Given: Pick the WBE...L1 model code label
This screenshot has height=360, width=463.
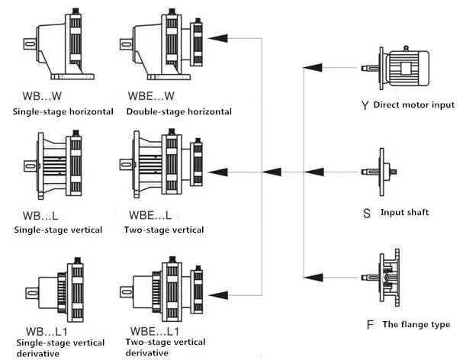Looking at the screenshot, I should click(152, 333).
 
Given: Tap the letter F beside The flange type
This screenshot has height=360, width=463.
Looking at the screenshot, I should click(370, 325).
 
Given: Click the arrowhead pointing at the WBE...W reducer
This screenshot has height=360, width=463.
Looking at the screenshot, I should click(219, 36).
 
